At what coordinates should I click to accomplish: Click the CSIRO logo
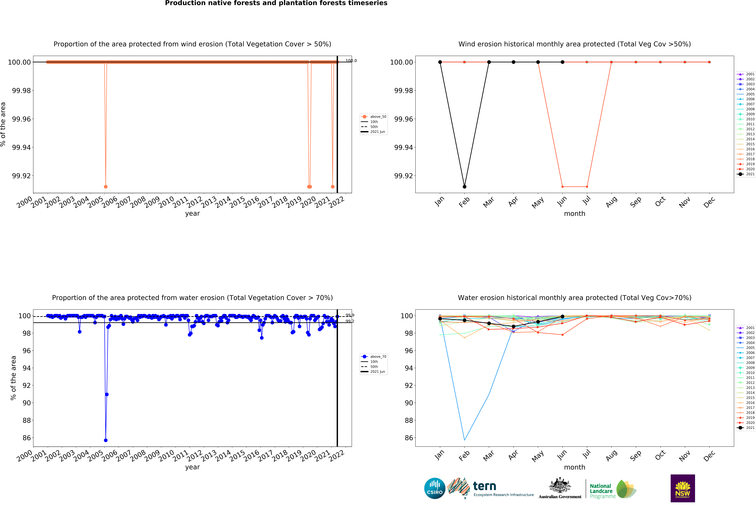[x=435, y=488]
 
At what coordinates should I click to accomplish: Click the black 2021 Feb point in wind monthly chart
[x=464, y=187]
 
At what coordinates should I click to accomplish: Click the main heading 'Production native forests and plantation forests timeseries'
[x=276, y=3]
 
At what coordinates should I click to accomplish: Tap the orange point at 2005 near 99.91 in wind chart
[x=106, y=187]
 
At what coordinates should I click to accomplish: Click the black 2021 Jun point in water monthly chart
[x=563, y=317]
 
